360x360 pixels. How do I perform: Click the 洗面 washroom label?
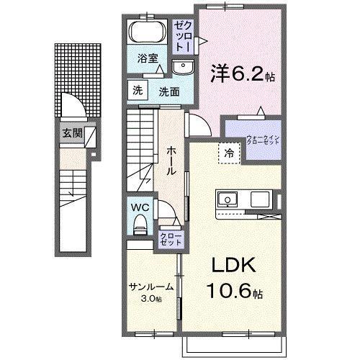(170, 91)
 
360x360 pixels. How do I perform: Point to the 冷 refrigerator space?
(228, 152)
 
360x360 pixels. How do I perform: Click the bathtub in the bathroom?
(148, 33)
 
